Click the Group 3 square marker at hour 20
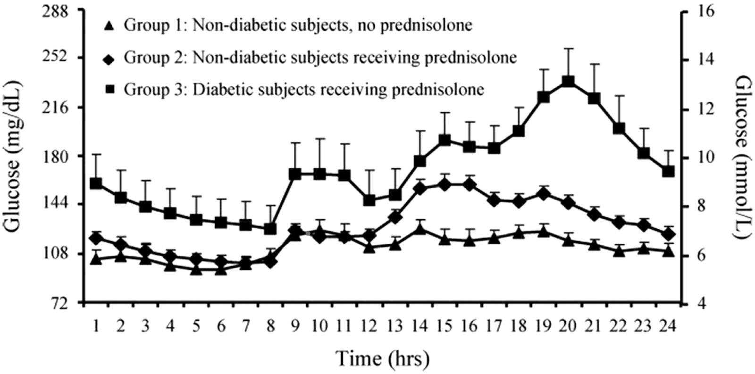click(x=568, y=82)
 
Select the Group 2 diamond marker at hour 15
click(x=444, y=184)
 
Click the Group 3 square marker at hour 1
click(x=96, y=183)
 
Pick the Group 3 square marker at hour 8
click(x=270, y=229)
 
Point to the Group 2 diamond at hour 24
click(x=668, y=234)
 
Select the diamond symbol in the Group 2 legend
click(x=109, y=59)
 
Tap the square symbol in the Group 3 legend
click(x=110, y=89)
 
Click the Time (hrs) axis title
click(x=383, y=358)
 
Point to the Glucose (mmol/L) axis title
click(x=742, y=158)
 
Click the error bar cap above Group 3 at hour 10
click(x=320, y=139)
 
